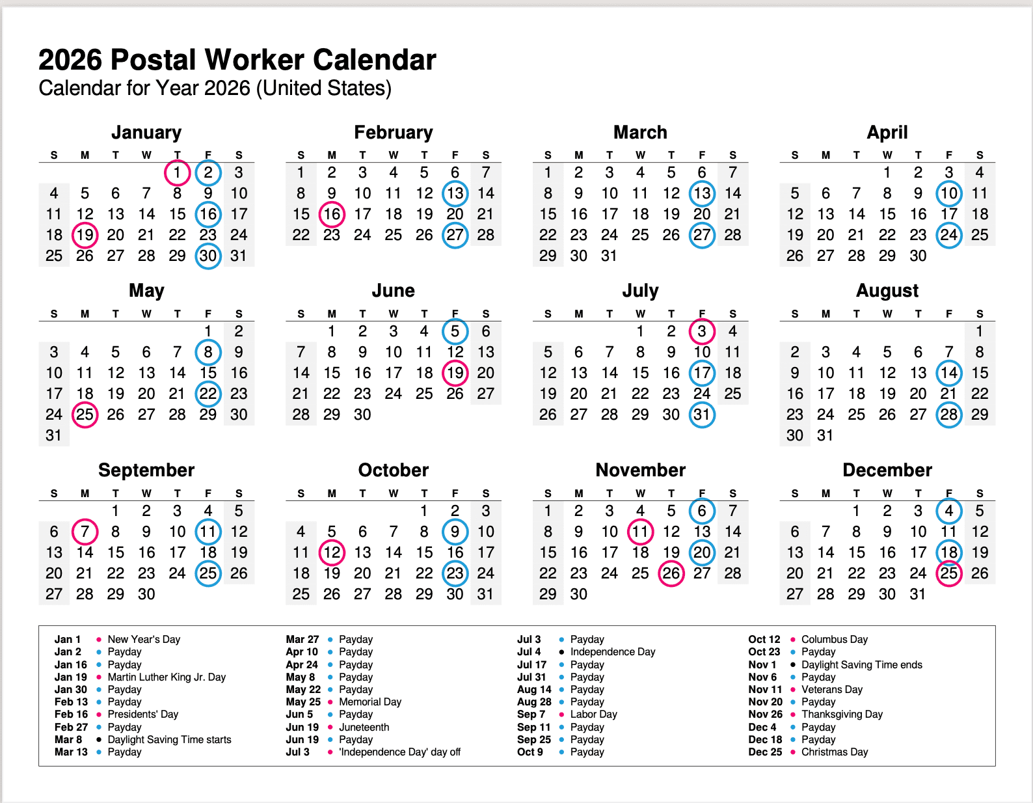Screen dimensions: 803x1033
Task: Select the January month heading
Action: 146,132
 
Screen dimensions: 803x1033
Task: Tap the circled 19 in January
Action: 85,235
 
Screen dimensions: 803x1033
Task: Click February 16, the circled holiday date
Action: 332,214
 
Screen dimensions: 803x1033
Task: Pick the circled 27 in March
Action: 702,235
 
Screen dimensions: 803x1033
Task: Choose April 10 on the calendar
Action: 949,193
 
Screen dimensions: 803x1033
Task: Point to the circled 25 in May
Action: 85,415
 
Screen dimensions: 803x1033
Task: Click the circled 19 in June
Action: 455,373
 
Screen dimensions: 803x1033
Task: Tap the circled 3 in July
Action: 702,331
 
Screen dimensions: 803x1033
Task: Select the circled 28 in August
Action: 949,415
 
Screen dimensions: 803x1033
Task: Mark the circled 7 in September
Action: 85,532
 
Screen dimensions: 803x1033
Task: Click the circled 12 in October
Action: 332,552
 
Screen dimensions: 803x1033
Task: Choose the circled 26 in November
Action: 671,573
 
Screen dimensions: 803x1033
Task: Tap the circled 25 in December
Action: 949,573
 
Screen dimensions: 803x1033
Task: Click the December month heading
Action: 887,470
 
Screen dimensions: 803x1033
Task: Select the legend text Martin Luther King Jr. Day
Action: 167,677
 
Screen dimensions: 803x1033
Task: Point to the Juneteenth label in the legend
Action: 364,727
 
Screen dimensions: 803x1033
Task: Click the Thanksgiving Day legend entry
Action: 842,714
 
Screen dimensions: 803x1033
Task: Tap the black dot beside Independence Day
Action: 561,652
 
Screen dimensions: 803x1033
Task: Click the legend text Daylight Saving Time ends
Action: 861,664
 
